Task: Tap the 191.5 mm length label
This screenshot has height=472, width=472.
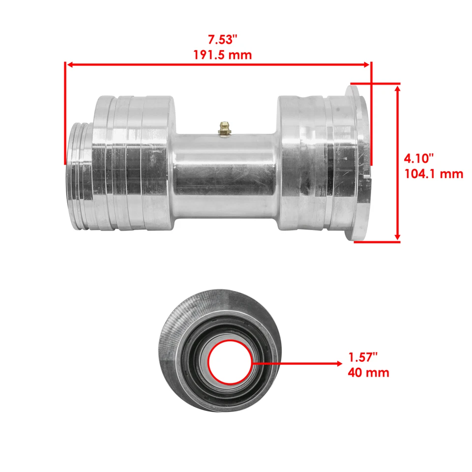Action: tap(222, 54)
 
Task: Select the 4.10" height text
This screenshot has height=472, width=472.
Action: tap(419, 158)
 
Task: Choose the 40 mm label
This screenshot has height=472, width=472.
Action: tap(368, 372)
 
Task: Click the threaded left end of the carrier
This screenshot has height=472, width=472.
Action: tap(79, 176)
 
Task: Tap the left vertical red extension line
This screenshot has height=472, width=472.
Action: tap(65, 113)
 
